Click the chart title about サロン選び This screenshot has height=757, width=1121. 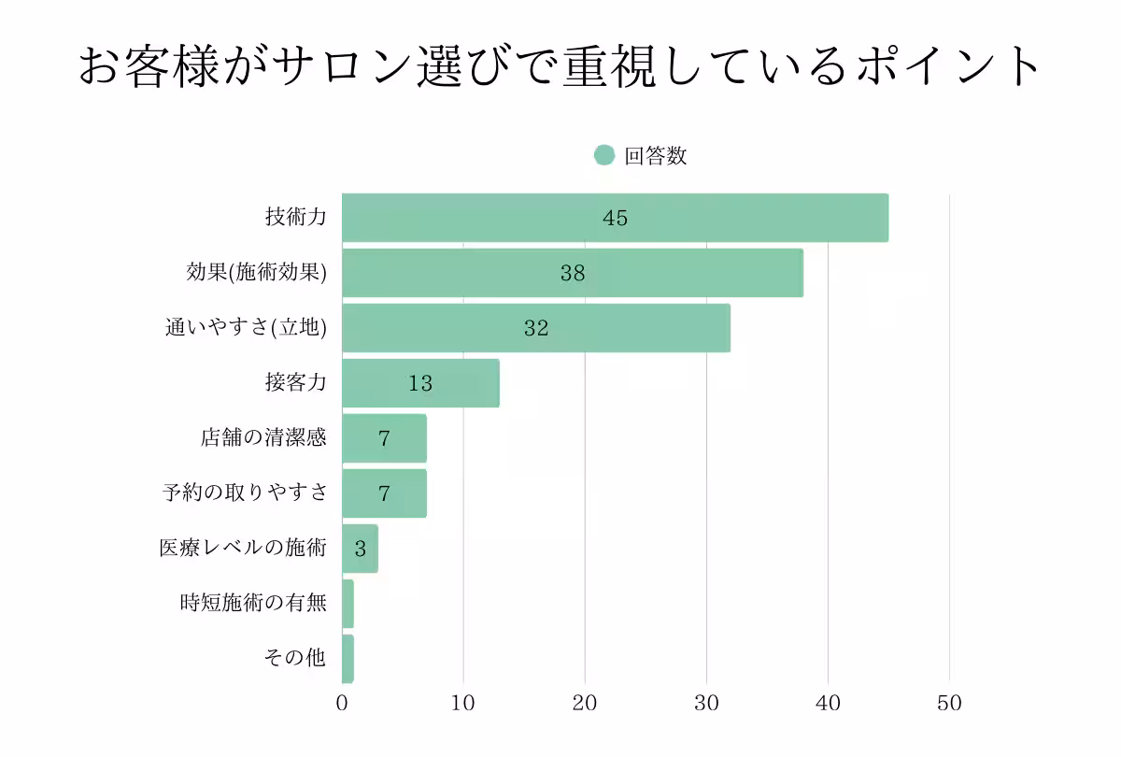click(x=560, y=68)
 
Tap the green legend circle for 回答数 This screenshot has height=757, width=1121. click(x=604, y=156)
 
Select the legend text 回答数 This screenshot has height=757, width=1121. click(x=656, y=156)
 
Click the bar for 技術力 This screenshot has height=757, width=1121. click(x=615, y=218)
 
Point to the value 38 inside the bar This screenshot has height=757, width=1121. click(x=573, y=273)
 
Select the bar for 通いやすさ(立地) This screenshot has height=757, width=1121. click(x=536, y=328)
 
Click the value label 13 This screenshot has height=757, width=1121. click(x=420, y=383)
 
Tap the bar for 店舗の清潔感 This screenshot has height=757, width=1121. click(x=384, y=438)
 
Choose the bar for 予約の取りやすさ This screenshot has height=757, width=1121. click(x=384, y=493)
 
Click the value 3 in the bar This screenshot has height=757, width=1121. click(x=361, y=549)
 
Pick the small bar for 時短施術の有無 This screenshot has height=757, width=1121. click(x=348, y=604)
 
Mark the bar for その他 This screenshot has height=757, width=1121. click(x=348, y=659)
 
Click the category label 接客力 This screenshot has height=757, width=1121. click(x=296, y=383)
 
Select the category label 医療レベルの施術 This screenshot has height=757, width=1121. click(x=243, y=549)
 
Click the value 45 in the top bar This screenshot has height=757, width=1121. click(x=615, y=218)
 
